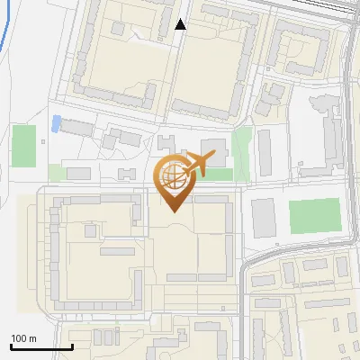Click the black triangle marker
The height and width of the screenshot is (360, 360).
click(181, 24)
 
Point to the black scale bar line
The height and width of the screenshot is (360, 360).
click(41, 346)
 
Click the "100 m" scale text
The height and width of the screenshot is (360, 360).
click(24, 338)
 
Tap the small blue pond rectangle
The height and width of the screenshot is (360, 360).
click(57, 123)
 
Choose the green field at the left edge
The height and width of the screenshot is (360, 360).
click(24, 145)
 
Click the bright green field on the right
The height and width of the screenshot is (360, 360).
click(314, 216)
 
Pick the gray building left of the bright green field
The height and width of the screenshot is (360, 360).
click(265, 218)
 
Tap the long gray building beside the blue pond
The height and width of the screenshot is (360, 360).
click(77, 127)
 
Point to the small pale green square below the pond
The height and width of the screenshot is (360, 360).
click(57, 172)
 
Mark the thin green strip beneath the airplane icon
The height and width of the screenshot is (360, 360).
click(216, 175)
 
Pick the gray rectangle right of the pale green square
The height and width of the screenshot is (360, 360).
click(79, 173)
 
